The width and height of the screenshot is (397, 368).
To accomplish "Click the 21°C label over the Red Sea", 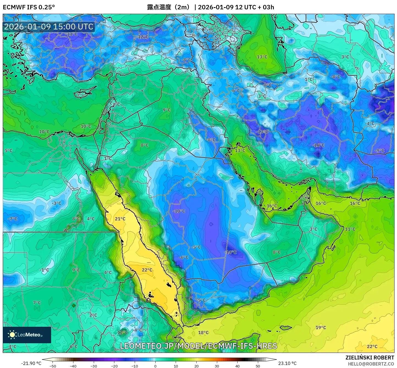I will click(120, 219).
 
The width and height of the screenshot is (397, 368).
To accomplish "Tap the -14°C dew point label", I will click(230, 252).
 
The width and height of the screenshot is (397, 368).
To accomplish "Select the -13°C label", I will click(262, 132).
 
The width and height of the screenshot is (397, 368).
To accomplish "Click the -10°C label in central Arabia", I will click(179, 211).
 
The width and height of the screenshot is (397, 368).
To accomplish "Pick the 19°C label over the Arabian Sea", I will click(321, 328).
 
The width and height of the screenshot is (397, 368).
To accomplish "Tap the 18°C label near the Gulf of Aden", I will click(203, 333).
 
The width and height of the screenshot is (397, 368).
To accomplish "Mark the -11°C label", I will click(71, 34).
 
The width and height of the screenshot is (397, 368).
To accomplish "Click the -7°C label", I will click(12, 219).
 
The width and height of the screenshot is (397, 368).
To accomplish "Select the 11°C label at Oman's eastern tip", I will click(350, 229).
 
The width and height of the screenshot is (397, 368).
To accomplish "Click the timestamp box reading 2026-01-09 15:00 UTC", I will click(49, 27).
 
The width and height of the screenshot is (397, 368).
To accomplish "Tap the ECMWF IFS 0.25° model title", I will click(29, 7).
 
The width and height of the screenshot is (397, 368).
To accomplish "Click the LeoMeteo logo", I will click(27, 335).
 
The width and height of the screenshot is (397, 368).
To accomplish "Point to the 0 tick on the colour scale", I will click(155, 366).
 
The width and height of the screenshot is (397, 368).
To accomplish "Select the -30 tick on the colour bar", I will click(94, 366).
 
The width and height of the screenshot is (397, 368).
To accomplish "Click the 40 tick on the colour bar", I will click(237, 366).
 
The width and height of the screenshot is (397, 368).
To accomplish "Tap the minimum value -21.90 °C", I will click(31, 363).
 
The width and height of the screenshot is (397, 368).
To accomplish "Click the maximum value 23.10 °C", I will click(287, 363).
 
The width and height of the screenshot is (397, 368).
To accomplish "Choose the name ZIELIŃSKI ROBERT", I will click(370, 358).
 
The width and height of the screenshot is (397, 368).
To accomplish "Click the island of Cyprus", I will click(85, 92).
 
